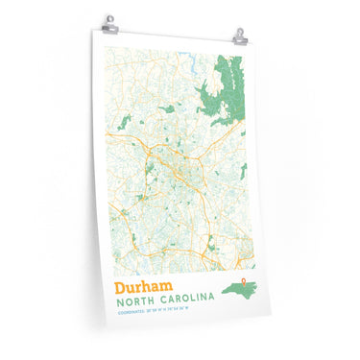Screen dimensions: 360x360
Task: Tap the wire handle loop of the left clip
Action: pos(110,17)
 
